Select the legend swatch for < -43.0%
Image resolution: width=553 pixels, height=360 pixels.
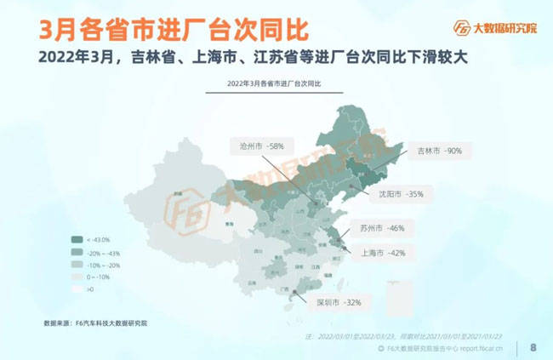[x=77, y=239]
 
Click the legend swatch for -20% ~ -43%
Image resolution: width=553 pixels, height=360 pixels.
[x=77, y=252]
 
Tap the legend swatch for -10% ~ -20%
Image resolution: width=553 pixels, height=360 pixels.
[x=77, y=265]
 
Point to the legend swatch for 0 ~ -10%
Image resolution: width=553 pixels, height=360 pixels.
[x=77, y=277]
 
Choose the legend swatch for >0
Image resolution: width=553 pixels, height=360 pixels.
[x=77, y=289]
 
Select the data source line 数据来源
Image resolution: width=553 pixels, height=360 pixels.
[x=95, y=323]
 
